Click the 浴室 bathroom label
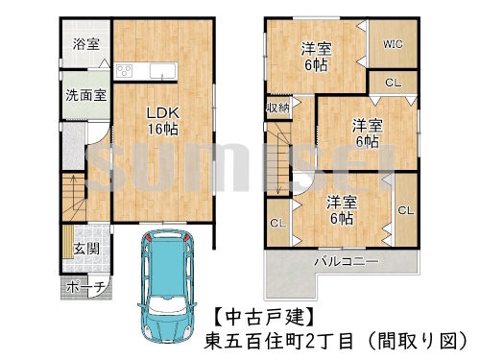tap(84, 42)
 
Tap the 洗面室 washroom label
tap(84, 96)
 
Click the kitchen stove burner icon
tap(125, 71)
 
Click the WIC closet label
tap(393, 43)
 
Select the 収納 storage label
tap(278, 108)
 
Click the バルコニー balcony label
tap(345, 261)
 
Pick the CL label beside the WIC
tap(393, 83)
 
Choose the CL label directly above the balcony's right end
tap(404, 209)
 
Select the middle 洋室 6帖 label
tap(366, 132)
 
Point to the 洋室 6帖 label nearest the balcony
tap(341, 209)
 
